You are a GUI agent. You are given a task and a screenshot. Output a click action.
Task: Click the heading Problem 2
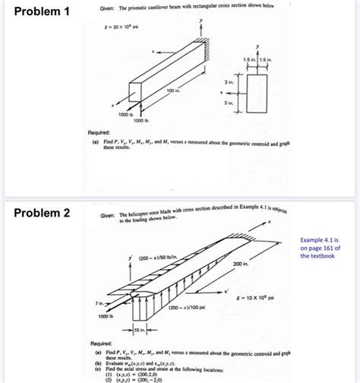click(43, 214)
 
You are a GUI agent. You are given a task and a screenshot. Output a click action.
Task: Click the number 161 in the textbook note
click(334, 247)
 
